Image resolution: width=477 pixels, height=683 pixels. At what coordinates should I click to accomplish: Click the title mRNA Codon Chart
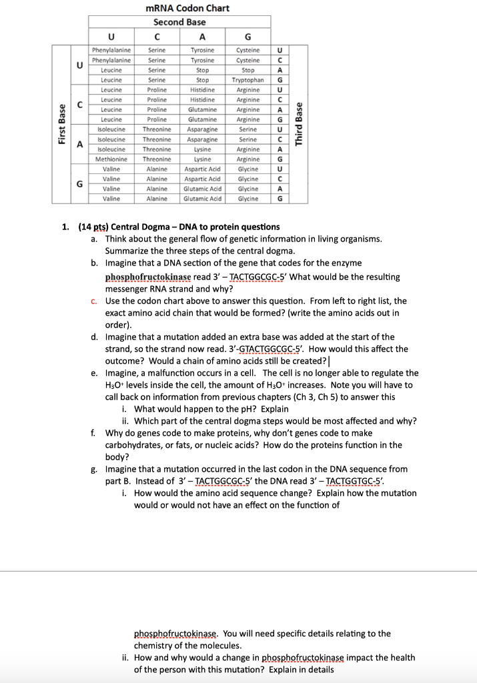click(x=187, y=8)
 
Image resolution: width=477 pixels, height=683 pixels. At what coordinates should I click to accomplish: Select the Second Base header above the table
click(x=179, y=22)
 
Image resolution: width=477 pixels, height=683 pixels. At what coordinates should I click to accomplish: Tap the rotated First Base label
click(x=61, y=124)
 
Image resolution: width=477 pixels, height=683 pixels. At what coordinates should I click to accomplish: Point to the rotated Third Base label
click(x=300, y=124)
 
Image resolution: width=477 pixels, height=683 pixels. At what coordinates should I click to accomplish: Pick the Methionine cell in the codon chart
click(x=111, y=159)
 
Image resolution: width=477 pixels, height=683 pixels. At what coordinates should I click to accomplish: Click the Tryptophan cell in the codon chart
click(x=248, y=79)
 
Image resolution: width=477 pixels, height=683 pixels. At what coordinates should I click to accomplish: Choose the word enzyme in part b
click(x=347, y=263)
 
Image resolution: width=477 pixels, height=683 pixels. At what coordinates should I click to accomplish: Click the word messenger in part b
click(x=130, y=289)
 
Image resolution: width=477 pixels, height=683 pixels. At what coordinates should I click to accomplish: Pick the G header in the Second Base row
click(x=248, y=37)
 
